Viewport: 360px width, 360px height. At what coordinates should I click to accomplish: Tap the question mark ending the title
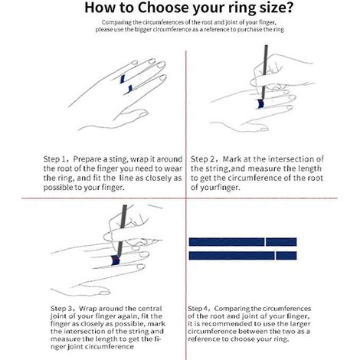coord(289,8)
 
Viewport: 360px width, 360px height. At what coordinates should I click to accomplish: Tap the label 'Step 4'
coord(198,309)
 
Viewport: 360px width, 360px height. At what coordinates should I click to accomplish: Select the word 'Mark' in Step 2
coord(232,159)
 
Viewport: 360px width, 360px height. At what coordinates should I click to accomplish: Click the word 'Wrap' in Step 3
coord(87,309)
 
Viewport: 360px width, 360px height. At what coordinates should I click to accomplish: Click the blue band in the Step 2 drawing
coord(260,103)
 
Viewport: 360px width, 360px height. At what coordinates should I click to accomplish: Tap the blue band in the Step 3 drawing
coord(116,260)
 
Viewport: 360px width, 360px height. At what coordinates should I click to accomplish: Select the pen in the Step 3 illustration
coord(122,230)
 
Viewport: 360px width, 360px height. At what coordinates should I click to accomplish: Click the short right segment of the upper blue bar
coord(281,242)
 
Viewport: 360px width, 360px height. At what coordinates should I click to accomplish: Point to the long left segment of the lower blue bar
coord(231,256)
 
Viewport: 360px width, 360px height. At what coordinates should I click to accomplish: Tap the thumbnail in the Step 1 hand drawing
coord(144,113)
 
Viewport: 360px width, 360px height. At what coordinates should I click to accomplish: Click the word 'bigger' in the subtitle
coord(143,30)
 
